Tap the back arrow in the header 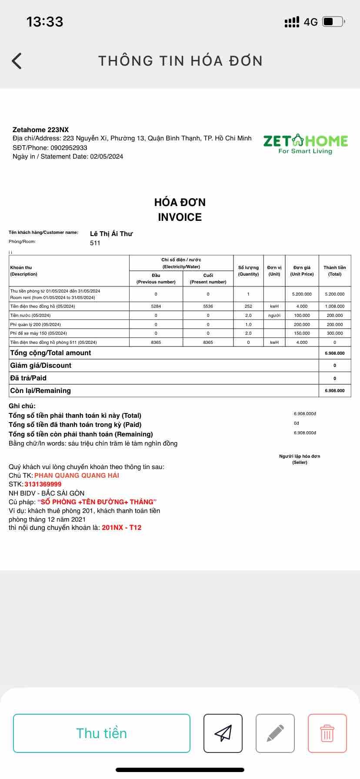tap(17, 61)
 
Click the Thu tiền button tap(102, 733)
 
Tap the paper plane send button tap(223, 733)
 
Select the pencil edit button tap(275, 733)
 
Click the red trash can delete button tap(327, 733)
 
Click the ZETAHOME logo tap(305, 144)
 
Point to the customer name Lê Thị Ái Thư tap(111, 234)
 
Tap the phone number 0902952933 tap(69, 148)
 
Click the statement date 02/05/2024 tap(107, 156)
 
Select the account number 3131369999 tap(43, 484)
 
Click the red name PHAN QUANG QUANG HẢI tap(77, 476)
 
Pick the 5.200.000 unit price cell tap(302, 294)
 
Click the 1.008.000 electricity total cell tap(335, 306)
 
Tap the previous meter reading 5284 tap(156, 306)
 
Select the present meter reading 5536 tap(208, 306)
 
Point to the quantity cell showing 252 tap(248, 306)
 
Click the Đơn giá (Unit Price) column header tap(302, 271)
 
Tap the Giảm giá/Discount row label tap(41, 366)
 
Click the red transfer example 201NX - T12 tap(122, 528)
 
